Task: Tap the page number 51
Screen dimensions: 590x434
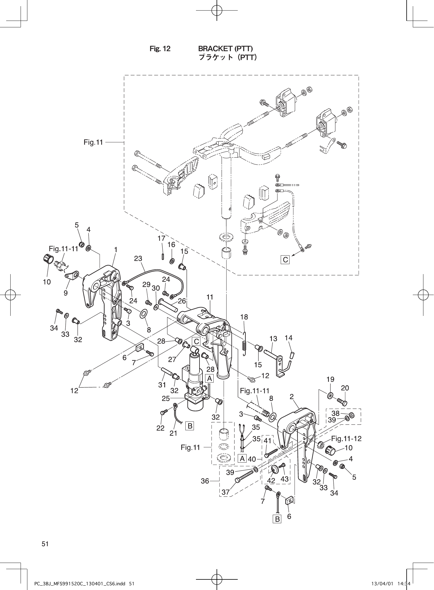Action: pyautogui.click(x=45, y=544)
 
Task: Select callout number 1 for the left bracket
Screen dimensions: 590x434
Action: pyautogui.click(x=116, y=249)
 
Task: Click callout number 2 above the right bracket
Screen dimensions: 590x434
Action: pyautogui.click(x=292, y=397)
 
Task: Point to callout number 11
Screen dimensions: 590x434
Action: pyautogui.click(x=209, y=297)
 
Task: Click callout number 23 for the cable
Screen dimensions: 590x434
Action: pyautogui.click(x=138, y=259)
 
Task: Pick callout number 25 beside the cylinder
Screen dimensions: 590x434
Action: pyautogui.click(x=166, y=399)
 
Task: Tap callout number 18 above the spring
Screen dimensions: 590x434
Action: pyautogui.click(x=244, y=317)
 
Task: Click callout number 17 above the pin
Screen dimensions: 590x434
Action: pyautogui.click(x=161, y=238)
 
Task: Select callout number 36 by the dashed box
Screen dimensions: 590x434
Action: pyautogui.click(x=205, y=481)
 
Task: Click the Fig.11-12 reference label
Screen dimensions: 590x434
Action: pyautogui.click(x=346, y=439)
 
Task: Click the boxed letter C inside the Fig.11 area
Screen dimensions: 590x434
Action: pyautogui.click(x=285, y=260)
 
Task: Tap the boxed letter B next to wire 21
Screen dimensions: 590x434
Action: pyautogui.click(x=190, y=426)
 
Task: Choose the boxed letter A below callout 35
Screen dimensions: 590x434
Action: pyautogui.click(x=242, y=459)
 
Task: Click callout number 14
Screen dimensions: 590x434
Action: pyautogui.click(x=289, y=338)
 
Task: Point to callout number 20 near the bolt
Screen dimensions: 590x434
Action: pyautogui.click(x=345, y=388)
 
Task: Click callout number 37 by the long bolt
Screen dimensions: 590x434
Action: pyautogui.click(x=225, y=492)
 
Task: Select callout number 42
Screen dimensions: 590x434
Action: pyautogui.click(x=271, y=481)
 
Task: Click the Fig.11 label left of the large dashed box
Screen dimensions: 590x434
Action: pyautogui.click(x=93, y=142)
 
